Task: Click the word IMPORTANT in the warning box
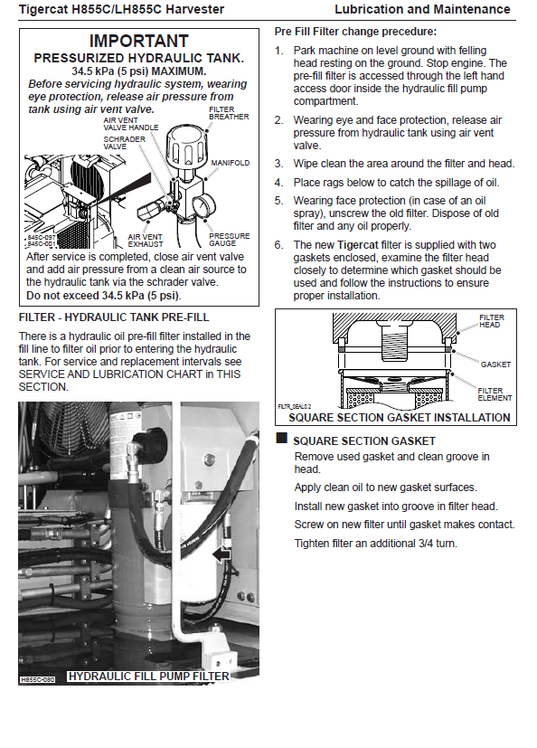click(x=139, y=41)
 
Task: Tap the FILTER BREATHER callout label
click(x=229, y=113)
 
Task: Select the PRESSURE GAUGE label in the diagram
click(x=230, y=240)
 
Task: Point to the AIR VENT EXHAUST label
click(x=146, y=241)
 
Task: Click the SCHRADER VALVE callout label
click(x=125, y=143)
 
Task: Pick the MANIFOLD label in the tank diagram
click(x=231, y=163)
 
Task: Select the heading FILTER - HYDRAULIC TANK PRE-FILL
click(x=114, y=317)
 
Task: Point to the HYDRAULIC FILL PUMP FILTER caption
click(x=149, y=677)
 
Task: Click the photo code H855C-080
click(x=38, y=679)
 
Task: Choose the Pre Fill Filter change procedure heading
click(x=355, y=32)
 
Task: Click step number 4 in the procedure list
click(x=278, y=183)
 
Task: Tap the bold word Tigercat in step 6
click(x=358, y=245)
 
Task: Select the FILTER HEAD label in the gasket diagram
click(x=491, y=321)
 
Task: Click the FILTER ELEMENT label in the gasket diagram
click(x=495, y=394)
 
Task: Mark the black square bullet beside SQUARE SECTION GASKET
click(x=282, y=438)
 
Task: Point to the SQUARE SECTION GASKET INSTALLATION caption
click(x=400, y=418)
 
